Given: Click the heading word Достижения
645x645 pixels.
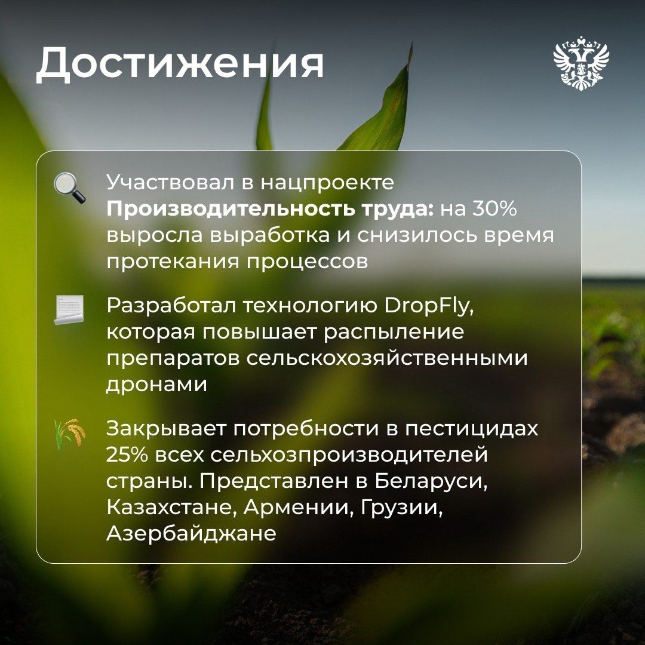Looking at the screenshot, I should [x=180, y=63].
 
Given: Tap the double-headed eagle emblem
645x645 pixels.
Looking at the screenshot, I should [x=580, y=63].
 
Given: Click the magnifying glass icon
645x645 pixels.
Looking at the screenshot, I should [x=69, y=188].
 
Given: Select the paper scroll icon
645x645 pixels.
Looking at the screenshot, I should [x=69, y=309].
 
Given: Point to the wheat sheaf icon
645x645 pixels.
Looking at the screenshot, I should [x=70, y=434].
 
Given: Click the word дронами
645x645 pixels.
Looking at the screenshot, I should [x=156, y=385].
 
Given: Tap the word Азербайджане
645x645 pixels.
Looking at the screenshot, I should [x=191, y=533].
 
